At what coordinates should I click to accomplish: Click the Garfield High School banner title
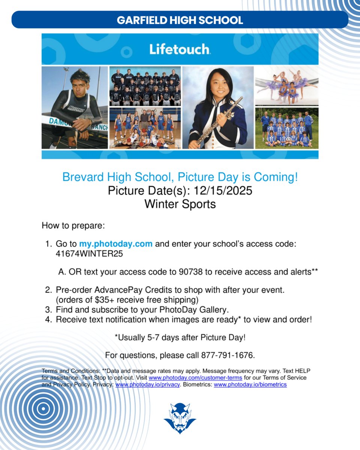click(x=180, y=20)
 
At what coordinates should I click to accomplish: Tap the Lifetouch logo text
click(x=180, y=49)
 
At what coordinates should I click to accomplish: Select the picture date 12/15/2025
click(x=223, y=190)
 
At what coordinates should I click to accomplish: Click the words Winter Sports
click(x=180, y=204)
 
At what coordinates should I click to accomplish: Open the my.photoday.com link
click(x=115, y=244)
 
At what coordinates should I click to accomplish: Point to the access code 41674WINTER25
click(x=89, y=254)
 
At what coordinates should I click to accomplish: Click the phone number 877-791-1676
click(x=228, y=355)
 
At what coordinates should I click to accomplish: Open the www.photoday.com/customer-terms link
click(x=195, y=378)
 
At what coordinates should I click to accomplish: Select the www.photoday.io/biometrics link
click(x=250, y=385)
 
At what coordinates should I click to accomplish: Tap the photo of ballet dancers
click(x=287, y=86)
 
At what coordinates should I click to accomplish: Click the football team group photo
click(x=145, y=86)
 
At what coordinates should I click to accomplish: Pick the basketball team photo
click(x=145, y=128)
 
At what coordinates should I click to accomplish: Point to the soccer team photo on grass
click(x=287, y=128)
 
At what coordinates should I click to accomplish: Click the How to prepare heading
click(x=73, y=226)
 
